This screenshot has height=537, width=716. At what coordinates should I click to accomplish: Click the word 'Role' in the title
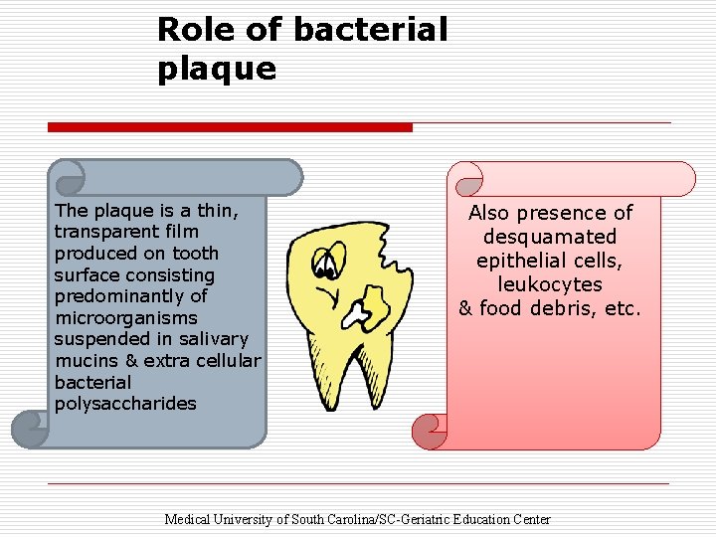(x=195, y=30)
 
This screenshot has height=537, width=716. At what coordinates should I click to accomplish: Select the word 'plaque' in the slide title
(x=216, y=69)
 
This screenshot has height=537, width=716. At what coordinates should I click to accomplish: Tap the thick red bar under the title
(x=230, y=127)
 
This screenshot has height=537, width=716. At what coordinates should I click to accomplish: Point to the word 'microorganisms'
(x=120, y=318)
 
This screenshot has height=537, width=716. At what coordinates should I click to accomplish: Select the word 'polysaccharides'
(x=125, y=404)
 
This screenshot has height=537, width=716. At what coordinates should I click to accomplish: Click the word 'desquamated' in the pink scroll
(x=550, y=237)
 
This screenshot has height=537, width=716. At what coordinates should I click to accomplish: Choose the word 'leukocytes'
(x=550, y=284)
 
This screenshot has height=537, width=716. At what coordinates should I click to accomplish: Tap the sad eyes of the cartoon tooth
(x=324, y=264)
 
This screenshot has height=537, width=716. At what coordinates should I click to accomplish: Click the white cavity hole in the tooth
(x=358, y=315)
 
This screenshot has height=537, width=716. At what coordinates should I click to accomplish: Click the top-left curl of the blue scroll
(x=69, y=178)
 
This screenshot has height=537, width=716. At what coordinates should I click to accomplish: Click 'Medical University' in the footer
(x=227, y=519)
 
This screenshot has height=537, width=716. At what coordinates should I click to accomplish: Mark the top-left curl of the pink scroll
(x=464, y=180)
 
